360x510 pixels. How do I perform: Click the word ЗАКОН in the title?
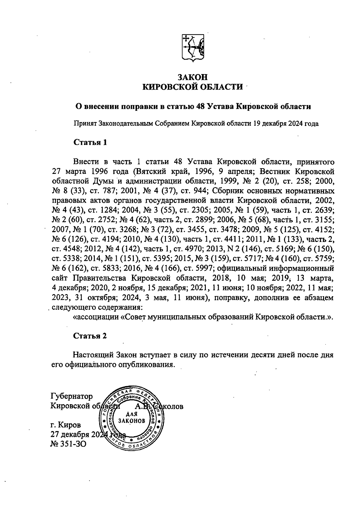tap(192, 77)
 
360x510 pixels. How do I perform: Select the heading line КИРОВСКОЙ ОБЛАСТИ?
tap(192, 87)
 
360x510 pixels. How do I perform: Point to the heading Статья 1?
tap(90, 142)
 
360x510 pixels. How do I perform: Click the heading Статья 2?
tap(90, 336)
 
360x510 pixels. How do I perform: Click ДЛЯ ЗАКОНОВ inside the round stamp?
tap(132, 417)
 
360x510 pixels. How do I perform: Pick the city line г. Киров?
tap(66, 425)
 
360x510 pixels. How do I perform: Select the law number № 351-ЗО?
tap(69, 443)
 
